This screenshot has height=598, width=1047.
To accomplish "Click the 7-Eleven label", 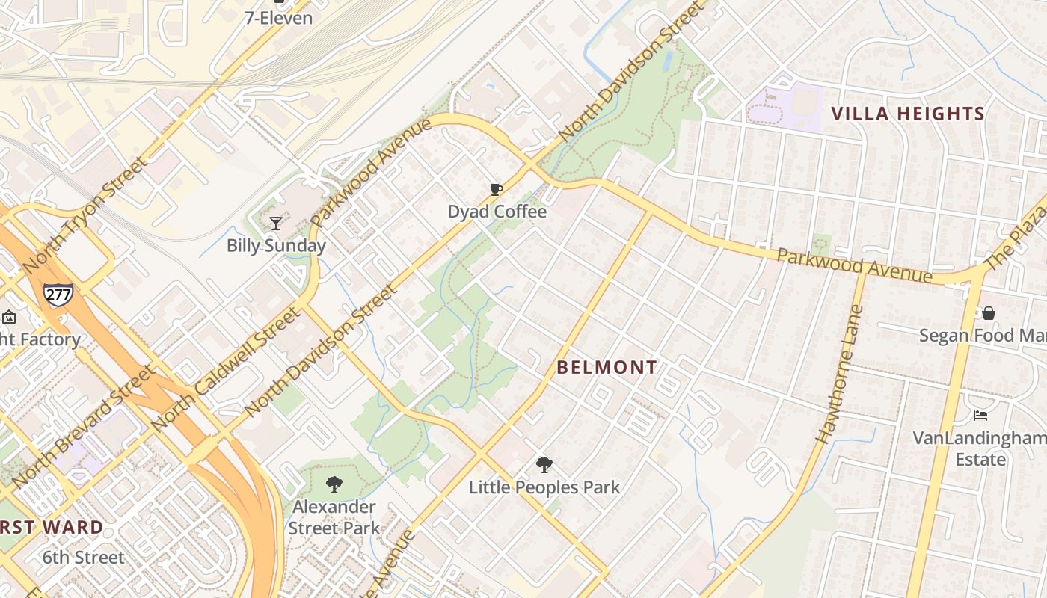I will [x=279, y=18].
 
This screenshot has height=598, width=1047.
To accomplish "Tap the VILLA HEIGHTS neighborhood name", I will [x=908, y=114].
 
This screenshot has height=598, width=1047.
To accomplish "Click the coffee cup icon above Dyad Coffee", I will [x=496, y=190].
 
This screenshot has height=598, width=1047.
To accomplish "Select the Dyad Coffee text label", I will [x=497, y=212].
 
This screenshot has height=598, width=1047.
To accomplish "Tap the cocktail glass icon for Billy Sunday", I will [x=276, y=223].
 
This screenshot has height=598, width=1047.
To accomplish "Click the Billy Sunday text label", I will [x=276, y=245].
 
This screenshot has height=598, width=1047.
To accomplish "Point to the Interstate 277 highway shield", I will [x=58, y=293].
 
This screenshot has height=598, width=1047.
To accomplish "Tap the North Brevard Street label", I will [x=84, y=425].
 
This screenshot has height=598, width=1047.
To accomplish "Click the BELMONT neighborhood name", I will [x=607, y=367].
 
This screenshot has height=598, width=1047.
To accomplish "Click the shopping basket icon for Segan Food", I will [x=989, y=313].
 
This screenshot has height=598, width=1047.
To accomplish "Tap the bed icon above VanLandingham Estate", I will [x=980, y=416].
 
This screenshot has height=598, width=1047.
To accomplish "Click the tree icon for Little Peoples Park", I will [x=544, y=465].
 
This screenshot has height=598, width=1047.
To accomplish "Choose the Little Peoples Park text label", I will [x=544, y=487].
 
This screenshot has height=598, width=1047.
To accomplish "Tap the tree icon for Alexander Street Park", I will [x=334, y=484].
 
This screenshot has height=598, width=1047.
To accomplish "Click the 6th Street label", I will [x=83, y=558].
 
